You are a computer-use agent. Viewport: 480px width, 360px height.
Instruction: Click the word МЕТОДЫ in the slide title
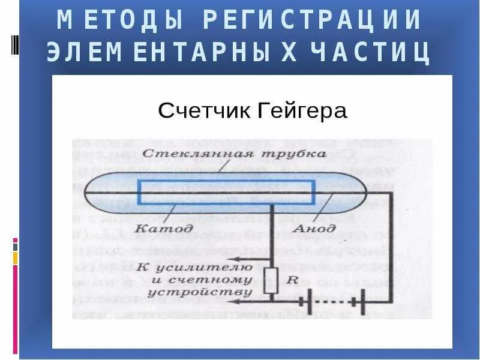tap(119, 20)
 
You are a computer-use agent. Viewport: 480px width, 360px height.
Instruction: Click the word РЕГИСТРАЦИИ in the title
tap(312, 20)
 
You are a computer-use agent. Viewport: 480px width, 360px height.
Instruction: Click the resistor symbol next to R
tap(271, 280)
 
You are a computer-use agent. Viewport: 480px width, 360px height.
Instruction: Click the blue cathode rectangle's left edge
tap(139, 193)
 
